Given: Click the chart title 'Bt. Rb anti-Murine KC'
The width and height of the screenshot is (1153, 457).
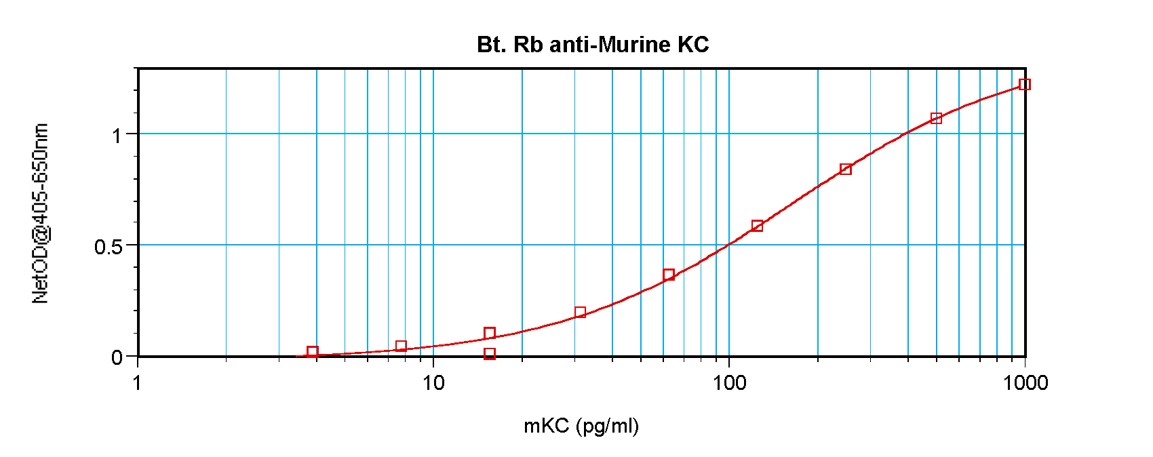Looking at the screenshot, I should pyautogui.click(x=593, y=45).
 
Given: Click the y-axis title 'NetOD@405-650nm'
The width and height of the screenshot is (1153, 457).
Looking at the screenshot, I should pyautogui.click(x=41, y=214).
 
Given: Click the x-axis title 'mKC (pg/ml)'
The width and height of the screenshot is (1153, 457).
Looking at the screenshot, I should pyautogui.click(x=581, y=426).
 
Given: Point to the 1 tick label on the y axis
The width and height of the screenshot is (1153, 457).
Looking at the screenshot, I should pyautogui.click(x=117, y=136).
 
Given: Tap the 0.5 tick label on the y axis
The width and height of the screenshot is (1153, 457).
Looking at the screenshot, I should pyautogui.click(x=109, y=247).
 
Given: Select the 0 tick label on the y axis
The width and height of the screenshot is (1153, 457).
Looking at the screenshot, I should pyautogui.click(x=117, y=357).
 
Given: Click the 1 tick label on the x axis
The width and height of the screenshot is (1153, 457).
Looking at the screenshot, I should pyautogui.click(x=138, y=383).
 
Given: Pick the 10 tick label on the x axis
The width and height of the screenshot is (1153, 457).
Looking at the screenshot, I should pyautogui.click(x=433, y=383).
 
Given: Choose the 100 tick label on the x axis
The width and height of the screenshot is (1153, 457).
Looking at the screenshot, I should pyautogui.click(x=729, y=383).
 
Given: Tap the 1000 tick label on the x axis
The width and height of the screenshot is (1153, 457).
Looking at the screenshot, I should pyautogui.click(x=1025, y=383).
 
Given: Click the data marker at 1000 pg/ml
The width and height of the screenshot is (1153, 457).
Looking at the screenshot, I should pyautogui.click(x=1025, y=85).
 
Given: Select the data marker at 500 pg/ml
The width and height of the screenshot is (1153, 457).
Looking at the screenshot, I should pyautogui.click(x=936, y=119).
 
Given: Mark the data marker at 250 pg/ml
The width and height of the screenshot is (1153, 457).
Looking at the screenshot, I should pyautogui.click(x=846, y=169).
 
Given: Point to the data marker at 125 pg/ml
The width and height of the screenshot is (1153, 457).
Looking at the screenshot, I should pyautogui.click(x=757, y=226).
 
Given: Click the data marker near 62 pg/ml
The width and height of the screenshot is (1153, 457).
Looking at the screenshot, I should pyautogui.click(x=669, y=275).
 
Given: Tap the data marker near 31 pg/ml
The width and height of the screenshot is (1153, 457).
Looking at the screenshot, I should pyautogui.click(x=580, y=313).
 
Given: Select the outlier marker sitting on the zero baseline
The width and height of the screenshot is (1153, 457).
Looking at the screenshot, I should pyautogui.click(x=490, y=354).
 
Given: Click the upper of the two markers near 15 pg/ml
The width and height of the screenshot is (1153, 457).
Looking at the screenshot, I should pyautogui.click(x=490, y=333).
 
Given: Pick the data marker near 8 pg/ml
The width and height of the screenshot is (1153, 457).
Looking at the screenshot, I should pyautogui.click(x=401, y=346).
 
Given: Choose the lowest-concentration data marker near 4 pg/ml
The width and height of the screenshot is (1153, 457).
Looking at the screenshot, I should pyautogui.click(x=313, y=352).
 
